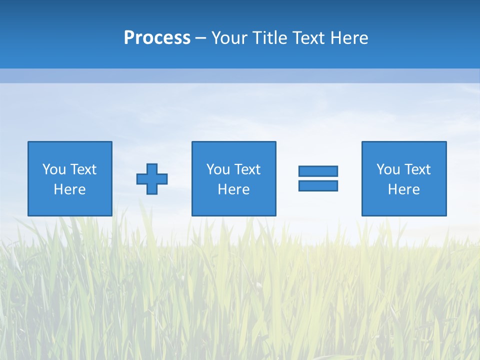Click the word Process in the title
click(x=157, y=38)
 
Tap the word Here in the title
click(x=349, y=38)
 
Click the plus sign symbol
click(x=152, y=178)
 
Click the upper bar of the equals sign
click(x=318, y=171)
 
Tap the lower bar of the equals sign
click(x=318, y=185)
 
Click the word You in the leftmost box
click(x=54, y=169)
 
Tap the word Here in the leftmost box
click(x=69, y=189)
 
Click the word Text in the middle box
click(x=247, y=169)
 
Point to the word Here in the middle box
click(x=233, y=189)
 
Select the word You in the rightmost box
click(x=388, y=169)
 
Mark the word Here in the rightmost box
click(x=403, y=189)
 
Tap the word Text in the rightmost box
click(x=417, y=169)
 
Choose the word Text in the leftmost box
click(x=83, y=169)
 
